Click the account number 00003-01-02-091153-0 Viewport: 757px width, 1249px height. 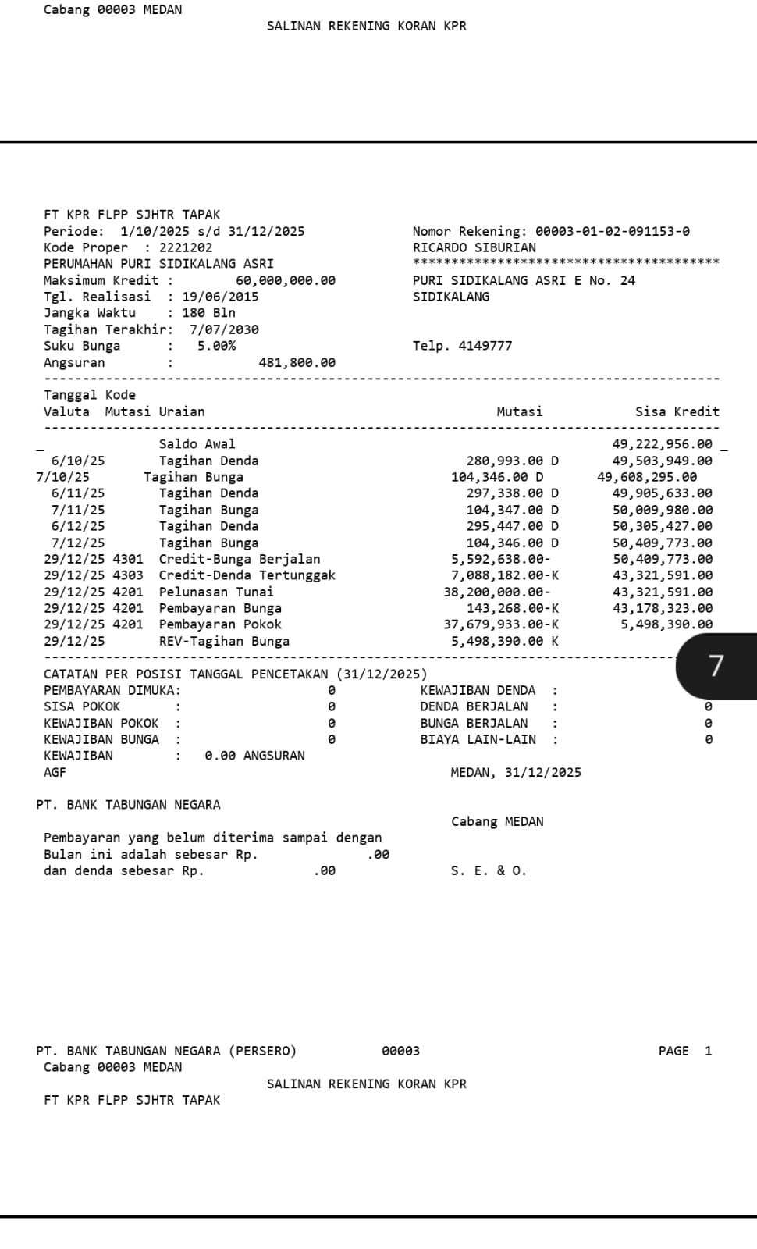point(612,231)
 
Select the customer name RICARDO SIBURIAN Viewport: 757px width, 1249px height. point(474,247)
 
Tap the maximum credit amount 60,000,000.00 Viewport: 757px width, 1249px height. point(285,280)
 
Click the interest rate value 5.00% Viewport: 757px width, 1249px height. point(216,346)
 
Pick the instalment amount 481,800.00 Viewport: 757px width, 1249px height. point(297,362)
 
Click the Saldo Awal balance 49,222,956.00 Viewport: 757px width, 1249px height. point(662,444)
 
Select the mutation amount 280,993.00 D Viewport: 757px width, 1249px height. point(512,461)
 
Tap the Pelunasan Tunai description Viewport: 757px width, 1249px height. point(216,592)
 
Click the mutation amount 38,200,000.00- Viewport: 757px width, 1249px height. point(496,592)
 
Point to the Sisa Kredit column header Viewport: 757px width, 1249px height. point(677,411)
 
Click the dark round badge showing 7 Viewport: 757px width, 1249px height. point(716,666)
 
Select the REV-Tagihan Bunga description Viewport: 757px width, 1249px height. point(224,641)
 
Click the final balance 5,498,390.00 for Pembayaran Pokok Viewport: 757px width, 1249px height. point(666,624)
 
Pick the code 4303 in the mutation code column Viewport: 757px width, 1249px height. point(128,575)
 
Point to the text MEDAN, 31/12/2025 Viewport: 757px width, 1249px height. point(516,772)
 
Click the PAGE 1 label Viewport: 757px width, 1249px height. point(684,1051)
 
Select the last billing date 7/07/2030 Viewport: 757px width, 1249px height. point(224,329)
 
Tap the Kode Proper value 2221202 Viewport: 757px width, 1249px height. point(186,247)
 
